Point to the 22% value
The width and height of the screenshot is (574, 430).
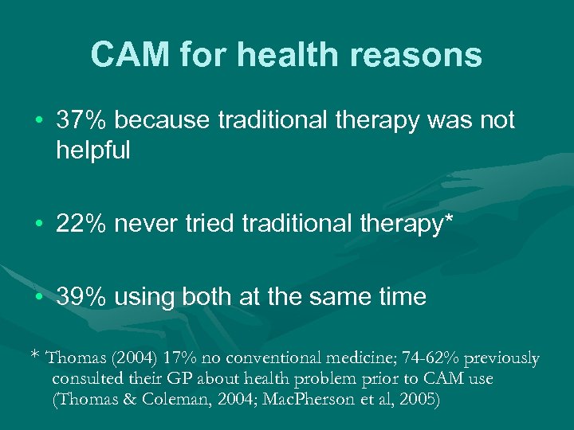click(x=82, y=225)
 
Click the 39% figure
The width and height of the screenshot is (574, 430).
click(x=82, y=297)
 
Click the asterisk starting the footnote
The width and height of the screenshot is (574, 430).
click(x=34, y=358)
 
